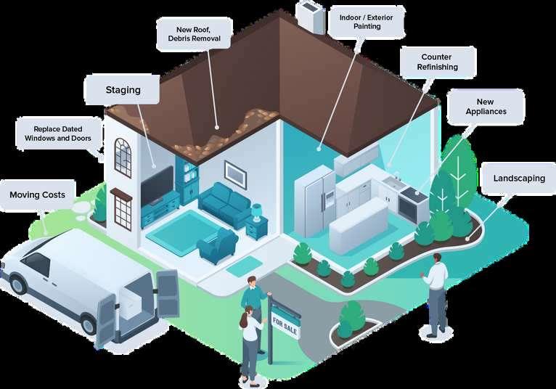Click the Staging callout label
tap(123, 90)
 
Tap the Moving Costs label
tap(37, 194)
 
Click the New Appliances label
tap(486, 107)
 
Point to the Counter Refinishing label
tap(437, 62)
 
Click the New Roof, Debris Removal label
tap(195, 33)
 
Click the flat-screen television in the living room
tap(156, 185)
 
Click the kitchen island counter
tap(359, 225)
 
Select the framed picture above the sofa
tap(234, 172)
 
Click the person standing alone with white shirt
tap(436, 295)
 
